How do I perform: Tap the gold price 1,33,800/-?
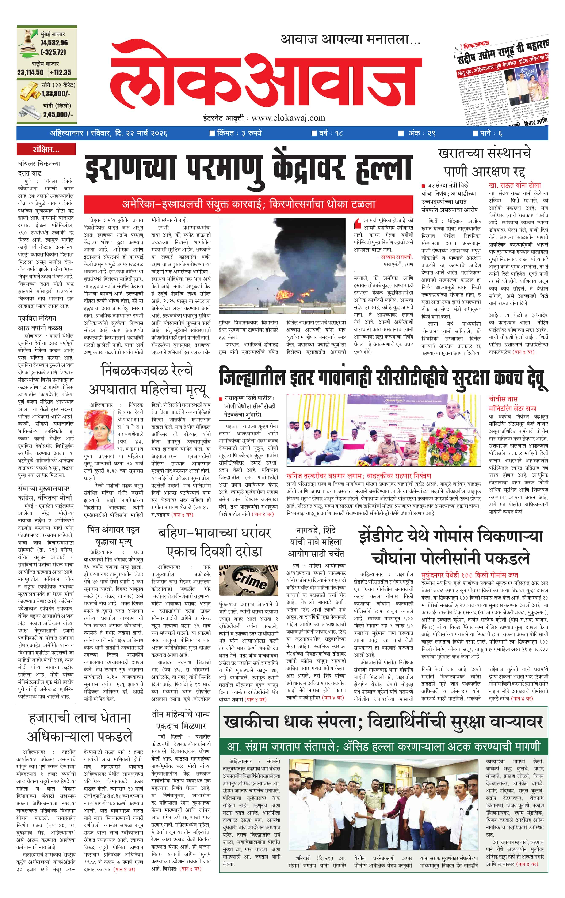(x=56, y=94)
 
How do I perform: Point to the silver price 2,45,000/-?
(x=58, y=114)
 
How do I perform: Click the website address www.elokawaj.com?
(x=288, y=118)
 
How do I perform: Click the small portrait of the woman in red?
(x=99, y=430)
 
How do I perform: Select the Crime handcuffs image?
(x=249, y=580)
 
